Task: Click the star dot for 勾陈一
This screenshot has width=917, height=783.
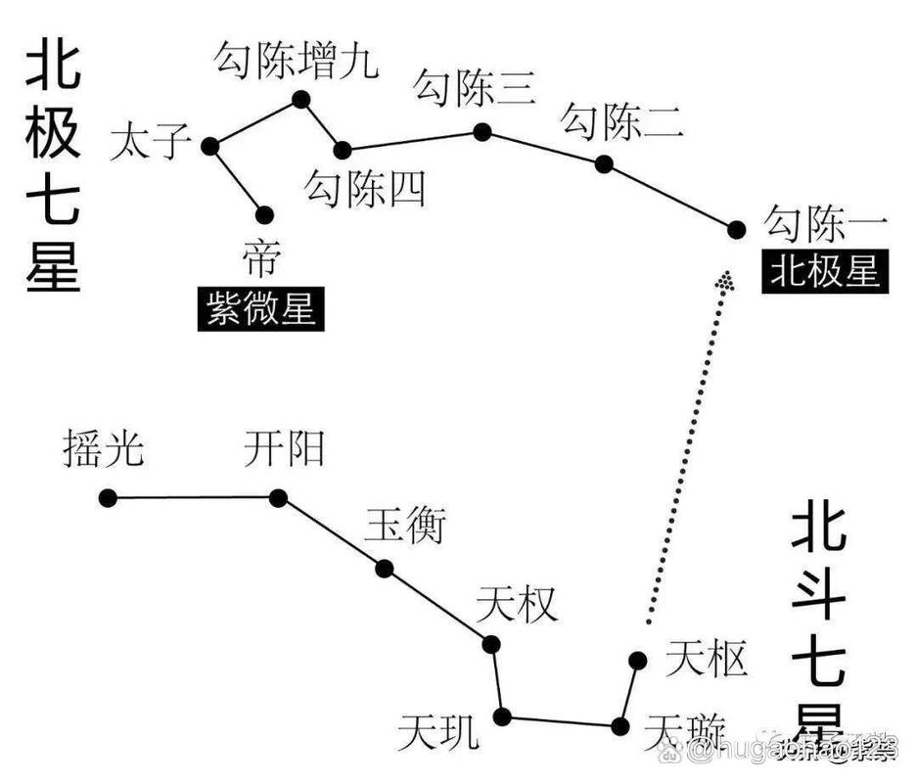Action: point(736,229)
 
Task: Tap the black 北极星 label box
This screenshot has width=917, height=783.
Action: point(824,271)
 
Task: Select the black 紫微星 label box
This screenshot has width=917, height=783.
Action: point(260,310)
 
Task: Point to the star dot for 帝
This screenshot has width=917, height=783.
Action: point(263,214)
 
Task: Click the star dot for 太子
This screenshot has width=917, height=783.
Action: point(209,146)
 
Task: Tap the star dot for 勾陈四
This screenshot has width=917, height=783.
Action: point(342,150)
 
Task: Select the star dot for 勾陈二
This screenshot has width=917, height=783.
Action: point(604,163)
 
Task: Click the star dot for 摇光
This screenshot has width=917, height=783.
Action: point(108,498)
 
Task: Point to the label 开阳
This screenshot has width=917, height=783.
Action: point(284,451)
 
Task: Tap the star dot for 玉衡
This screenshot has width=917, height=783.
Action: point(384,568)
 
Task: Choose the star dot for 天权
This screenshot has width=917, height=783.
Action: point(491,644)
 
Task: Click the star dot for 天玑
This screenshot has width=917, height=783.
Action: point(502,716)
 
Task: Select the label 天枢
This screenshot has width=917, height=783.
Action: point(706,659)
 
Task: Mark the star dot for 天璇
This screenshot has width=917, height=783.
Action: point(619,726)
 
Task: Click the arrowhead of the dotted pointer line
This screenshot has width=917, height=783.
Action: point(725,281)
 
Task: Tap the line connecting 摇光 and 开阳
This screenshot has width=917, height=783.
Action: point(193,497)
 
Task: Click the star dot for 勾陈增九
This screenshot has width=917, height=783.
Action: point(300,99)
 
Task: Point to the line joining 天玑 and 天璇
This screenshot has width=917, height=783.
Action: point(561,721)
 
